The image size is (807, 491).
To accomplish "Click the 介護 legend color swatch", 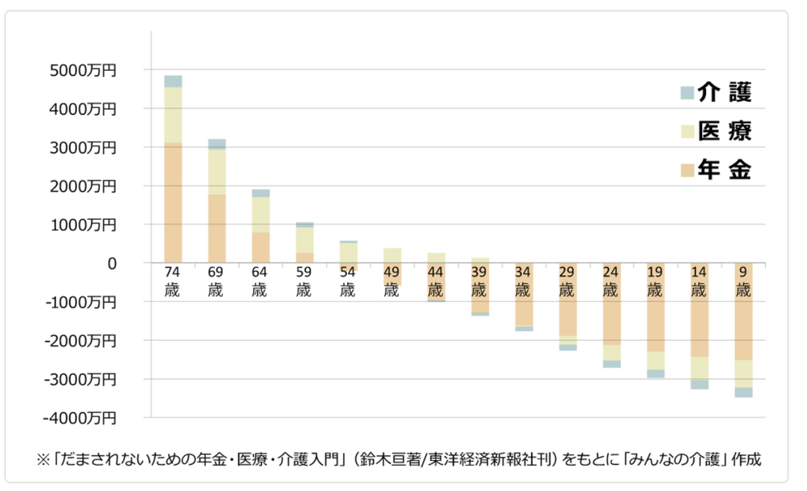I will tap(687, 93).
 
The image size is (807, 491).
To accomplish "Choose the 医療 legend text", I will tap(724, 131).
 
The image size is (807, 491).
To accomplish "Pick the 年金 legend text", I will tap(724, 170).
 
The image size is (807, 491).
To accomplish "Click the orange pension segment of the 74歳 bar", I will tap(173, 203).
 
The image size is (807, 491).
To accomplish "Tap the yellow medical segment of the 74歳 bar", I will tap(173, 115).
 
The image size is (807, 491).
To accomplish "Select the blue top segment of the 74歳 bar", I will tap(173, 81).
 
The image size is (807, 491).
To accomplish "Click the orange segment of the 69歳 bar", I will tap(217, 229).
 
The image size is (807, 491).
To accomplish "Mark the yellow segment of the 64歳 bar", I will tap(261, 215).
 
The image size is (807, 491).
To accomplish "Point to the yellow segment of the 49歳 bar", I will tap(392, 255).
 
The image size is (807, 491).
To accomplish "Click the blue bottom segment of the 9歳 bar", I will tap(743, 392).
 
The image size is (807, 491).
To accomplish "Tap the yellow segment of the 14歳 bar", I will tap(699, 368).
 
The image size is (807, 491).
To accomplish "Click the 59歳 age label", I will tap(303, 281).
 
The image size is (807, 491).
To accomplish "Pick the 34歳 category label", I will tap(524, 281).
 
